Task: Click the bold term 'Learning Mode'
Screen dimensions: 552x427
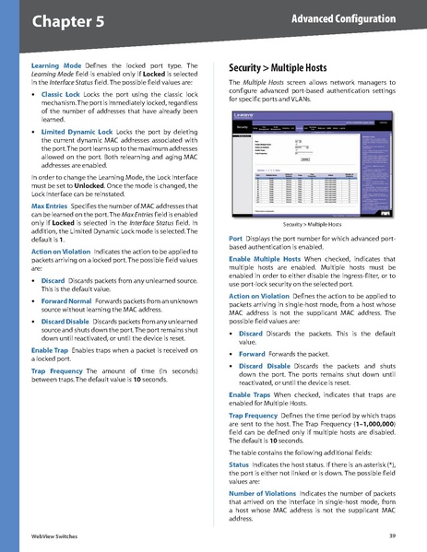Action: pyautogui.click(x=56, y=66)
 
